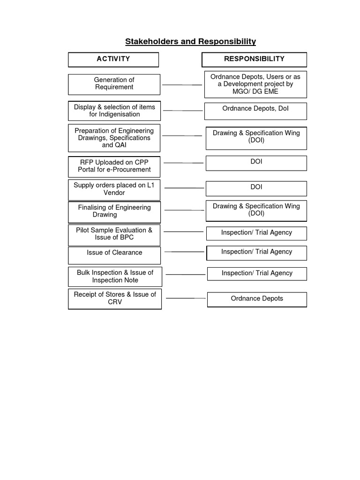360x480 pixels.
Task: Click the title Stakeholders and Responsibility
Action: (190, 42)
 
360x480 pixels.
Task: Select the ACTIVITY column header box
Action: (113, 60)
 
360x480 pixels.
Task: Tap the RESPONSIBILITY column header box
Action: (254, 60)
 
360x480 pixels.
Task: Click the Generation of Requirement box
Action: (114, 84)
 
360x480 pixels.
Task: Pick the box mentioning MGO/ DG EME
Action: (255, 84)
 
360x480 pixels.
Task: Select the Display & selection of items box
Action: (114, 111)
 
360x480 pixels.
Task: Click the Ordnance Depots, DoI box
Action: (255, 111)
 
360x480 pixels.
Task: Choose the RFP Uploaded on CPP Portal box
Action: (114, 166)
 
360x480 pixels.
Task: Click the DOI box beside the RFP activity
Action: (256, 163)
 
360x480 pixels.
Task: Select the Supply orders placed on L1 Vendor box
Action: (114, 189)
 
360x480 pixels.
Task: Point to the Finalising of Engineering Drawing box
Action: (114, 212)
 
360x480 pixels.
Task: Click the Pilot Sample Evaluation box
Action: (114, 234)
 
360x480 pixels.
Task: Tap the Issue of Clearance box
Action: (114, 255)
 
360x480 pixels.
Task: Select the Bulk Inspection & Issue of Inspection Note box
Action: (115, 277)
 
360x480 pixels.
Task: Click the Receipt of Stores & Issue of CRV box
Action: (115, 299)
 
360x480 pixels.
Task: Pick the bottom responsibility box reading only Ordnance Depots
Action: (257, 299)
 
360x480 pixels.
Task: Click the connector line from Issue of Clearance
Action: (184, 252)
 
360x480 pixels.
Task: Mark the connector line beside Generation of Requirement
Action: (182, 85)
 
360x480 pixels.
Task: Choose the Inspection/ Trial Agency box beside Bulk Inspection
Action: (257, 273)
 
